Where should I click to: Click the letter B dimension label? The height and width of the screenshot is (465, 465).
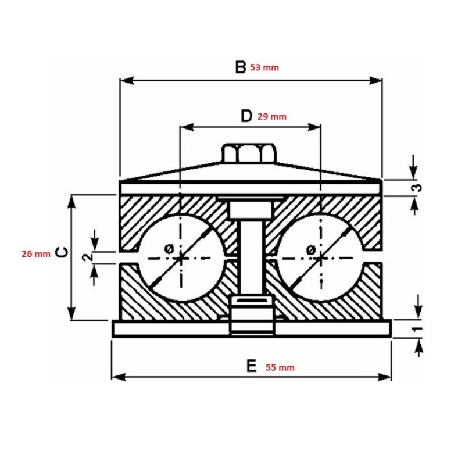240,67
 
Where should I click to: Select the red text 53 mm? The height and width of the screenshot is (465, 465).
264,67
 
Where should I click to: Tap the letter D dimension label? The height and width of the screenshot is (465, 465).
246,116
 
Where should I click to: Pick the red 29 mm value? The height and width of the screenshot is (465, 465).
272,116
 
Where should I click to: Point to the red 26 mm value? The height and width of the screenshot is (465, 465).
35,253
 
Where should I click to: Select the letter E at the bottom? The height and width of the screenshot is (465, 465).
251,366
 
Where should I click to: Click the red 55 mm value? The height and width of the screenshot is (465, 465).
280,367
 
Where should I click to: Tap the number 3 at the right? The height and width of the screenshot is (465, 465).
417,188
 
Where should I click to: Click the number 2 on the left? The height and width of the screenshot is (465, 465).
87,256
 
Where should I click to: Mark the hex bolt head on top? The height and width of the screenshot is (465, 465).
249,154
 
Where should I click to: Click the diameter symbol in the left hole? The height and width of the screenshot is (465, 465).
169,248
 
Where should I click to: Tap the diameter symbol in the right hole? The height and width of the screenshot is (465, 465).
310,249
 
